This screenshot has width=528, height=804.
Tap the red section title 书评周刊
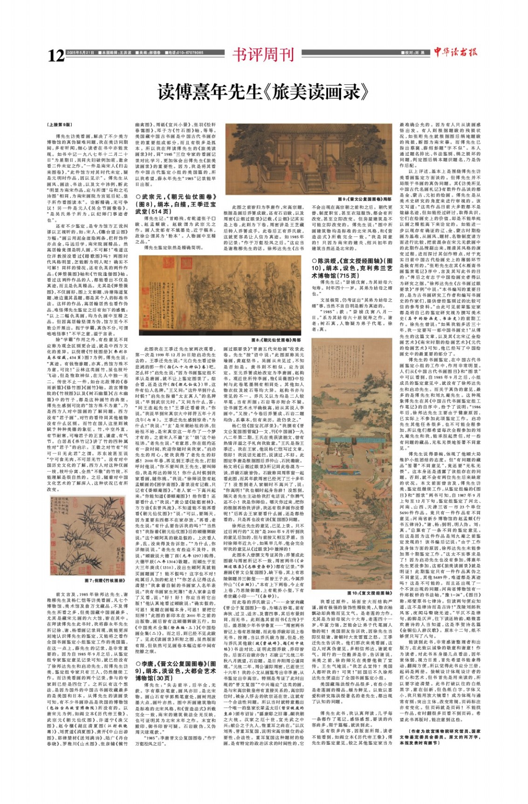(x=263, y=55)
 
